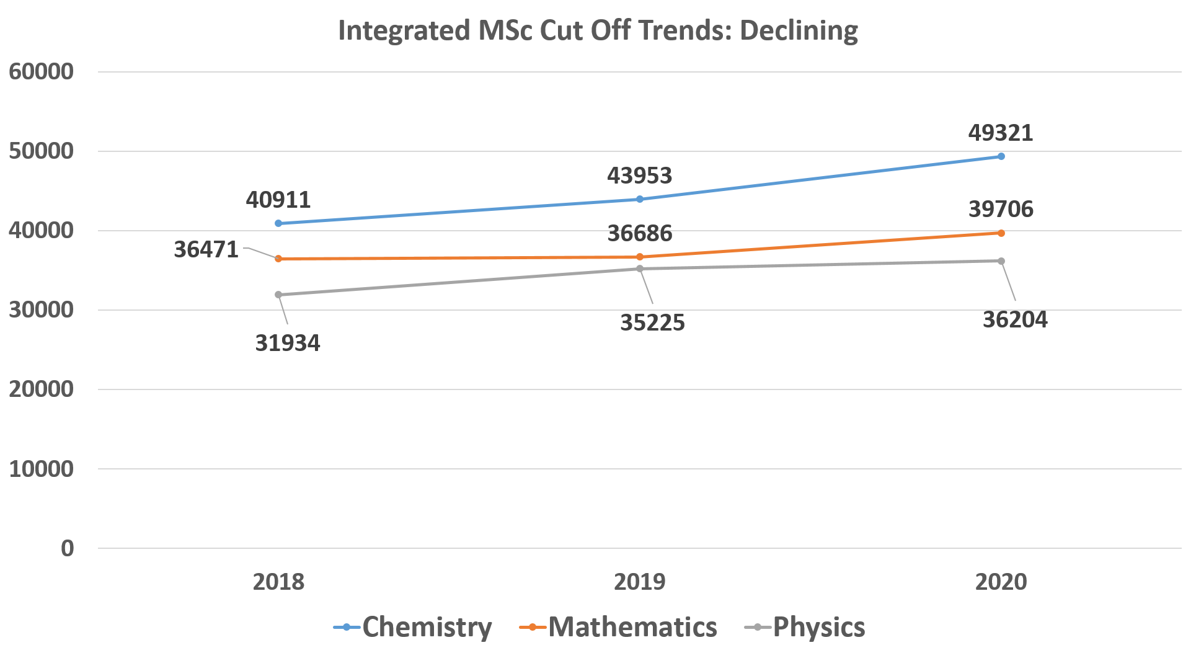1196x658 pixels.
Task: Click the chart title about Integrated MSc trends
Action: point(598,30)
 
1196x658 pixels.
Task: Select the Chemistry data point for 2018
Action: point(278,223)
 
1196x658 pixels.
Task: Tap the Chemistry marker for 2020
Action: point(1001,156)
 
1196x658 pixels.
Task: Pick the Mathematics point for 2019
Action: point(640,257)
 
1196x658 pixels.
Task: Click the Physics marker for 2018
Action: point(278,295)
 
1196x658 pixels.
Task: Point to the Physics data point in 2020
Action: point(1001,261)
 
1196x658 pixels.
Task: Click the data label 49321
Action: point(1001,133)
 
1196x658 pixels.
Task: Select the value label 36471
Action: point(206,249)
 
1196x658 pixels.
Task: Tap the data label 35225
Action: point(652,322)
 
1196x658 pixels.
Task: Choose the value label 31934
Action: point(288,343)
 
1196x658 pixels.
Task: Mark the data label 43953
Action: point(639,176)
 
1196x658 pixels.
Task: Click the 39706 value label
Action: point(1001,209)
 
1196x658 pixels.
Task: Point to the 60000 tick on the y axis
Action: point(41,72)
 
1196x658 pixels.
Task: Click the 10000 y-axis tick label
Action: point(41,469)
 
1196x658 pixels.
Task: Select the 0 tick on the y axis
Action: point(67,548)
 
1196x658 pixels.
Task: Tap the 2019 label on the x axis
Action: point(640,582)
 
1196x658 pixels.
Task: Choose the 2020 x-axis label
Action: point(1001,582)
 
